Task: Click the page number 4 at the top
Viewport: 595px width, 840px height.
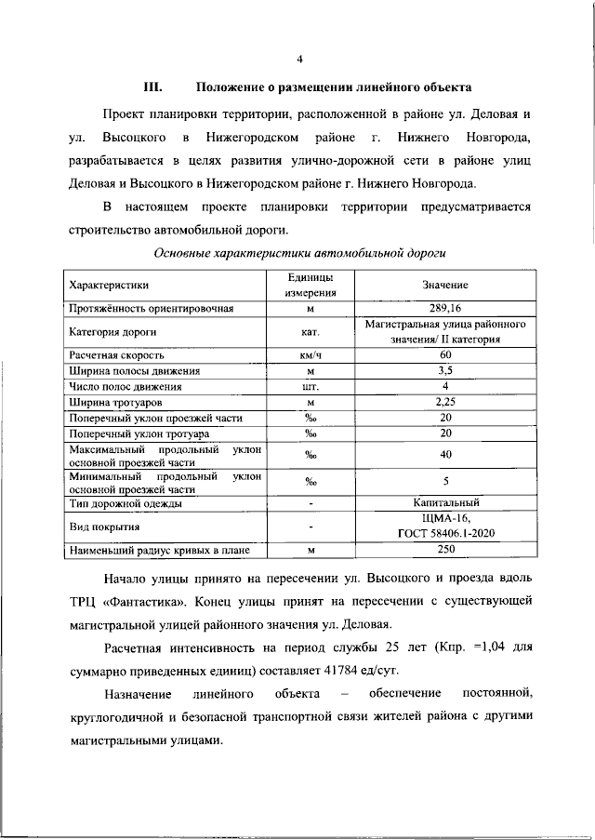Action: [x=299, y=60]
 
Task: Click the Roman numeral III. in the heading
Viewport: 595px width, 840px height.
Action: [x=152, y=88]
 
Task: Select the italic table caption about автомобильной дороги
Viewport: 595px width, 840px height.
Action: [x=297, y=251]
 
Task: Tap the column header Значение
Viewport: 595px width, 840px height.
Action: [x=444, y=285]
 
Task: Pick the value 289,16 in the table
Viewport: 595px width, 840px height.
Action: [x=444, y=307]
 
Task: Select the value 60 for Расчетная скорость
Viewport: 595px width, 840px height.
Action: [x=444, y=355]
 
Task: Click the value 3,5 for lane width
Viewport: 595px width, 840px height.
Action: [x=444, y=371]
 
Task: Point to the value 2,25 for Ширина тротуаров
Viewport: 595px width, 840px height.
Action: [x=444, y=403]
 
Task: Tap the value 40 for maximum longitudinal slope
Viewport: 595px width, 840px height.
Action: [x=444, y=456]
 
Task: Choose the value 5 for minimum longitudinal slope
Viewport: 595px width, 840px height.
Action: [x=444, y=481]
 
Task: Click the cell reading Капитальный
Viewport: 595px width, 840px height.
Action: [x=444, y=503]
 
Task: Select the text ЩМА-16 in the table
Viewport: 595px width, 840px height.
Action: [x=444, y=519]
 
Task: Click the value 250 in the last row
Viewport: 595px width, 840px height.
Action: [x=444, y=551]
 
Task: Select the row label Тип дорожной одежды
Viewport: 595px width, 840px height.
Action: [x=125, y=503]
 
